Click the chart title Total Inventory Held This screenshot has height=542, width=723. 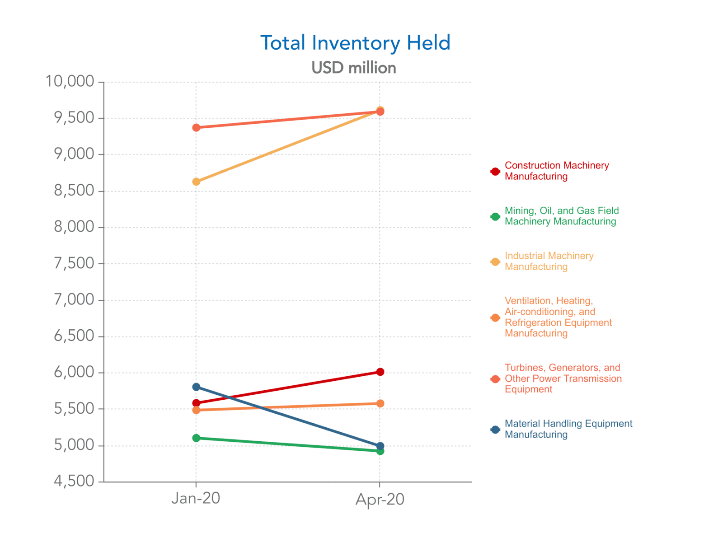point(355,43)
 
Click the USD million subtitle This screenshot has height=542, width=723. point(354,68)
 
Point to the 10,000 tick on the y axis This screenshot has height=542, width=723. point(70,82)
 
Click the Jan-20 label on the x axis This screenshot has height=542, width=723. point(196,499)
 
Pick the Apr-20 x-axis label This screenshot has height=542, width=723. point(380,500)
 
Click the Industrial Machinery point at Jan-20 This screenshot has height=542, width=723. point(196,182)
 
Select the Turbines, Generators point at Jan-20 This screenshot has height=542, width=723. point(196,128)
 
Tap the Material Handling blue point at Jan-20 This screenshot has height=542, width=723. point(196,387)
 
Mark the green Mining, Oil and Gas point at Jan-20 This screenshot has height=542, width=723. point(196,438)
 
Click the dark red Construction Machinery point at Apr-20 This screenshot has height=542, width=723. point(380,372)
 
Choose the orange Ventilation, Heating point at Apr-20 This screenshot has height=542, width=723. point(380,403)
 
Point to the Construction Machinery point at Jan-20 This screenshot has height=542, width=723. point(196,403)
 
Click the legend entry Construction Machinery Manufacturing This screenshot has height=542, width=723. point(556,171)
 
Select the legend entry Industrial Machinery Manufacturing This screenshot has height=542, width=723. point(549,262)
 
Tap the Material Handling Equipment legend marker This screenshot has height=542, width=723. point(495,430)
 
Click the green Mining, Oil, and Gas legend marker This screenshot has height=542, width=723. point(495,217)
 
